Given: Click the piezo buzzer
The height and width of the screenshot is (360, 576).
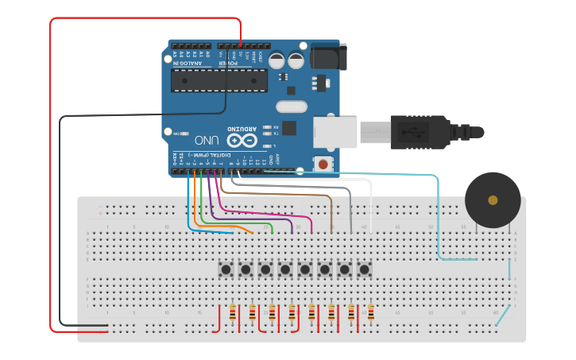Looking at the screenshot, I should click(x=493, y=199).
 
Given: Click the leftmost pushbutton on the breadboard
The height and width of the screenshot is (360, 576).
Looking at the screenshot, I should click(x=226, y=270).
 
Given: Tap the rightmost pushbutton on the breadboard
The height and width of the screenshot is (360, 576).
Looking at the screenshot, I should click(x=364, y=270).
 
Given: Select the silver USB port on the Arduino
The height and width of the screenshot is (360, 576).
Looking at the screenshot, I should click(x=334, y=132).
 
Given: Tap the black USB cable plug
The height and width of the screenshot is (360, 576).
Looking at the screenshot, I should click(x=421, y=131).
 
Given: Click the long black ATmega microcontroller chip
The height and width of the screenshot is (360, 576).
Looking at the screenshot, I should click(x=218, y=80).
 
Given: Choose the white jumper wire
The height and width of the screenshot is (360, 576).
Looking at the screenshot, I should click(x=370, y=203).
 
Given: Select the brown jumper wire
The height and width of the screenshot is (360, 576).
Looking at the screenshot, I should click(x=331, y=211).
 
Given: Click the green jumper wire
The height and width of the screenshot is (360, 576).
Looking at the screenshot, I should click(x=238, y=222).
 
